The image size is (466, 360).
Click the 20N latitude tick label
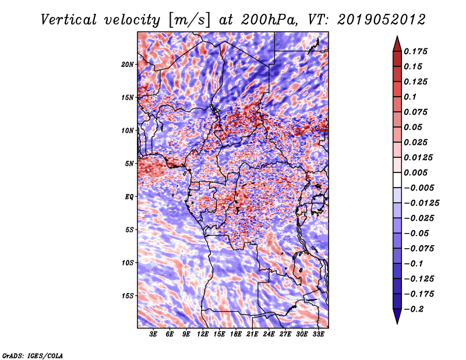(x=128, y=65)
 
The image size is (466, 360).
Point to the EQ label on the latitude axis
(x=129, y=197)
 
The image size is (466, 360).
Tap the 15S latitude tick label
(x=128, y=296)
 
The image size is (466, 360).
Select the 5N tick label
(x=129, y=164)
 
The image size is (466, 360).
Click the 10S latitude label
(x=128, y=263)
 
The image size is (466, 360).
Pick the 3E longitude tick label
(x=153, y=334)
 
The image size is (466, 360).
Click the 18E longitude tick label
(x=236, y=334)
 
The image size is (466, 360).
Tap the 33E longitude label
(x=318, y=334)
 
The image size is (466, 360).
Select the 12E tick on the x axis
(x=203, y=334)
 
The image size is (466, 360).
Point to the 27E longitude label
(x=285, y=334)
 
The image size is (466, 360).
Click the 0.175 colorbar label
(x=415, y=51)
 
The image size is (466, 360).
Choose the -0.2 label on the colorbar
(x=414, y=309)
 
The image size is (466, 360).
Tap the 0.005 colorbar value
(x=415, y=172)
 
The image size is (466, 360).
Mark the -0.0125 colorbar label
(x=421, y=203)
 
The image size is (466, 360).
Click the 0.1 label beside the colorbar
(x=410, y=97)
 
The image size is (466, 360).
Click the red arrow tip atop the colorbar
(x=397, y=36)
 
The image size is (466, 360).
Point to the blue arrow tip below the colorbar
(x=397, y=323)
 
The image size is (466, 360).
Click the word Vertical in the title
(x=69, y=20)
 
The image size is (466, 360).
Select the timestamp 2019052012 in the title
(x=382, y=20)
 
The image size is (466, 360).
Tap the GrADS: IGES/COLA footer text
(x=33, y=356)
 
